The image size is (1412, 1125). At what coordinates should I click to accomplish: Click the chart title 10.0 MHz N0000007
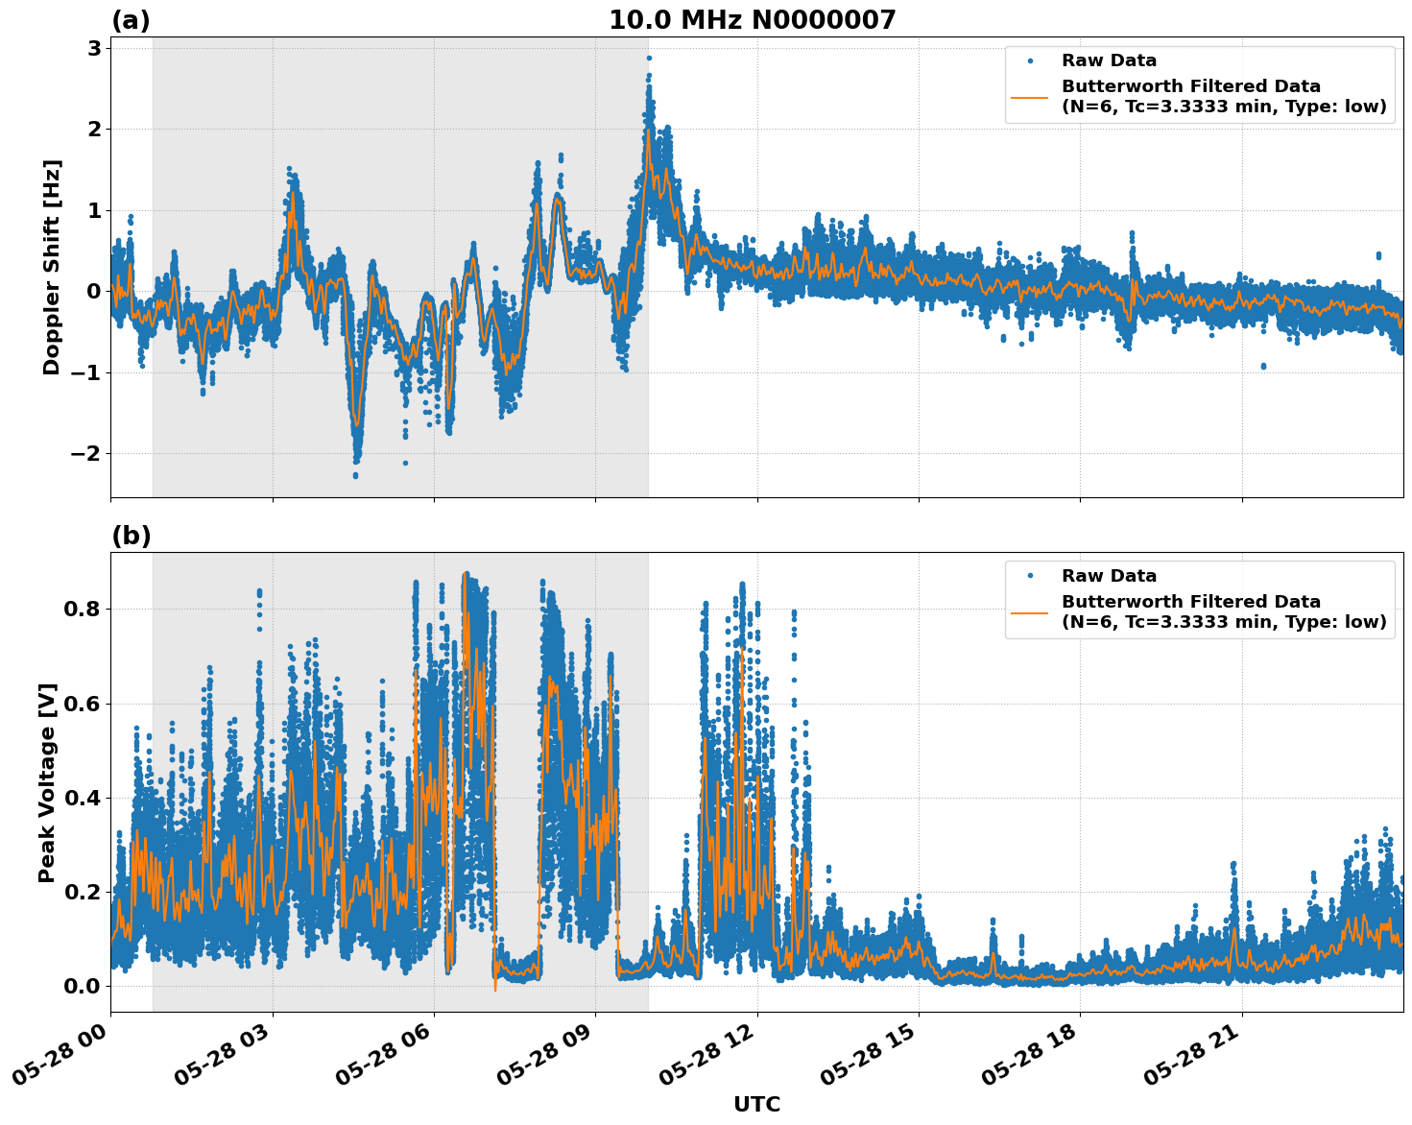pyautogui.click(x=752, y=20)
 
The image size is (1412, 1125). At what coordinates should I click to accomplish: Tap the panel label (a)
pyautogui.click(x=131, y=20)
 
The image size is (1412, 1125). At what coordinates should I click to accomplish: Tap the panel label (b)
pyautogui.click(x=131, y=536)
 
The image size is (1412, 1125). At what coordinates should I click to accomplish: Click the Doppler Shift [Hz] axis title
pyautogui.click(x=52, y=267)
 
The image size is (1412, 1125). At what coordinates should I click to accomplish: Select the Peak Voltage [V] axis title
pyautogui.click(x=47, y=782)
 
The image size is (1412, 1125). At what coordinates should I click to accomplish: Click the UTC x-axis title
pyautogui.click(x=756, y=1104)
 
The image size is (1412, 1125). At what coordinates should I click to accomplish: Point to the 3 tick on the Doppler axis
pyautogui.click(x=94, y=48)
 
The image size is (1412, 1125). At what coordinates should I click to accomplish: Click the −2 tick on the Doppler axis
pyautogui.click(x=86, y=453)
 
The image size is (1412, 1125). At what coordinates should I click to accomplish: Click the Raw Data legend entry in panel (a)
pyautogui.click(x=1109, y=61)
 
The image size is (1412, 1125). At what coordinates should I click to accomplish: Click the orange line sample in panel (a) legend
pyautogui.click(x=1029, y=97)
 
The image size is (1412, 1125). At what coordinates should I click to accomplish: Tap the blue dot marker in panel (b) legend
pyautogui.click(x=1029, y=576)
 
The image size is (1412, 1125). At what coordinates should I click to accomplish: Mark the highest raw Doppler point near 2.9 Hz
pyautogui.click(x=649, y=58)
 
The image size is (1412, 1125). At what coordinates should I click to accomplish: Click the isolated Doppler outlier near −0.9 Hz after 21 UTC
pyautogui.click(x=1262, y=366)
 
